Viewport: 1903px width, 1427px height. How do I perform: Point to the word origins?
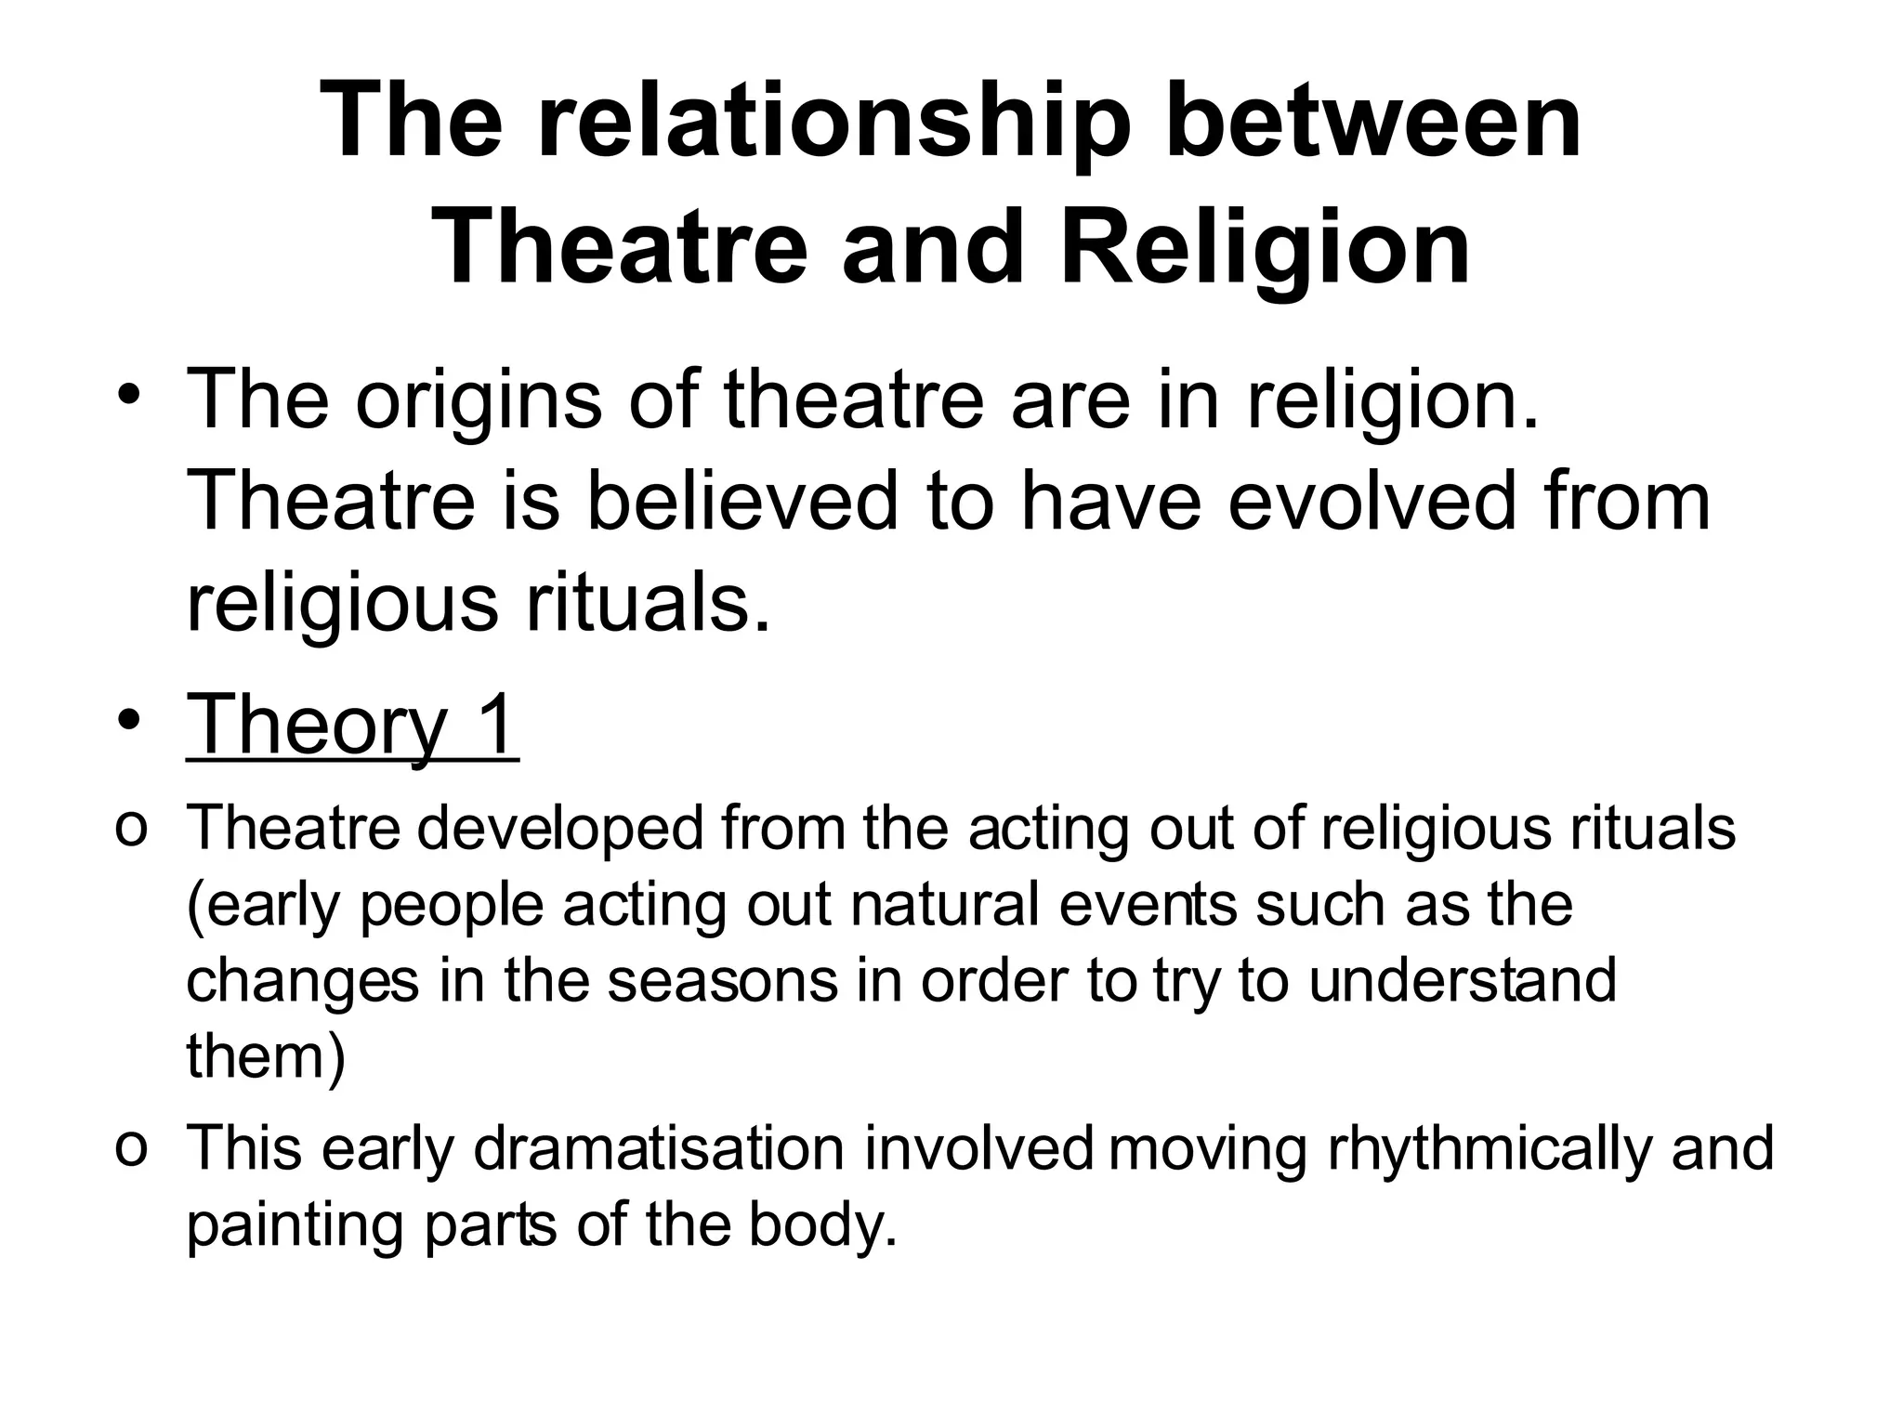[x=479, y=401]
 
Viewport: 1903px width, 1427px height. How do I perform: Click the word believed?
[x=743, y=502]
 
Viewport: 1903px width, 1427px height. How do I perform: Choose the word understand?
[x=1463, y=981]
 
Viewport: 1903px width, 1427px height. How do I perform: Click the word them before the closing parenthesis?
[x=256, y=1056]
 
